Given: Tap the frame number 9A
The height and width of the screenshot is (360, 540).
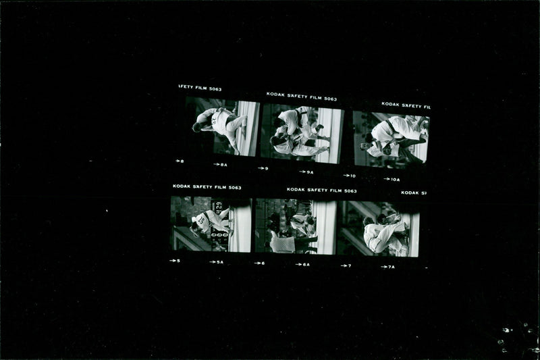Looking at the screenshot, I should (309, 172).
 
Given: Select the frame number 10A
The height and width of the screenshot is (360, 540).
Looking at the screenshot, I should (394, 180).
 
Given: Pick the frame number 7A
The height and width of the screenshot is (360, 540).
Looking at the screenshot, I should (390, 267).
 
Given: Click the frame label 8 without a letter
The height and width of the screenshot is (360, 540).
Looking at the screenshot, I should (181, 161).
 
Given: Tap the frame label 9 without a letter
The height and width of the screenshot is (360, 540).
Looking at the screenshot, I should (265, 169).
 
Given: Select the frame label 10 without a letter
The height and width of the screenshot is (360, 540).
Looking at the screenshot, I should (351, 176).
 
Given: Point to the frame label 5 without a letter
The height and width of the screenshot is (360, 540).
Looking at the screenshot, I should (177, 261).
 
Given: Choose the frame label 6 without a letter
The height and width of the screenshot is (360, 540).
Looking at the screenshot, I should (261, 263).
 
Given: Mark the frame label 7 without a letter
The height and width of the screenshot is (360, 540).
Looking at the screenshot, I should (348, 265).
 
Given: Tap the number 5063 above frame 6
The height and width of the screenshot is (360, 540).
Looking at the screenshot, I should (350, 191).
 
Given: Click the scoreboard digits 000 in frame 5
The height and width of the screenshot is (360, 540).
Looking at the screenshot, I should (219, 235).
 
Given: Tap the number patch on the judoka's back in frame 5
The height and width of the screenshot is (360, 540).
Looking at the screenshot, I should (201, 220).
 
